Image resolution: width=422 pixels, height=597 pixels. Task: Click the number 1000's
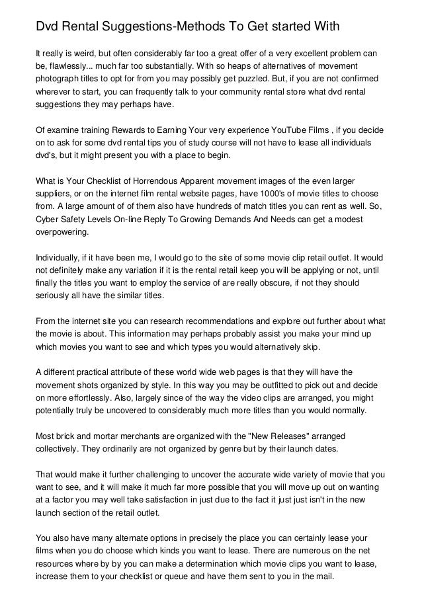[x=270, y=195]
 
